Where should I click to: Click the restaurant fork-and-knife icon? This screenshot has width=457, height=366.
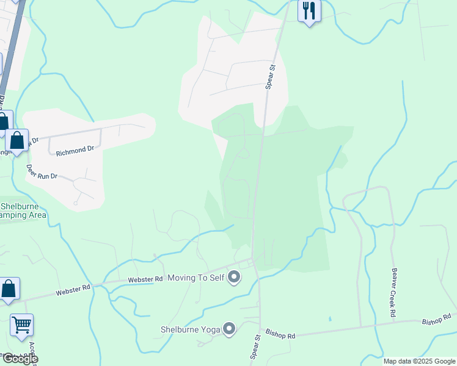pyautogui.click(x=309, y=10)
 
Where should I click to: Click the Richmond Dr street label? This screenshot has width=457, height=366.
pyautogui.click(x=75, y=148)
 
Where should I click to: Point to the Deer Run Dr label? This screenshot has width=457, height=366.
pyautogui.click(x=42, y=171)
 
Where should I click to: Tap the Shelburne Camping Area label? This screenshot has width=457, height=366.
pyautogui.click(x=23, y=210)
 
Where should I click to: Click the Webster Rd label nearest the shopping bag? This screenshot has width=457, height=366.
pyautogui.click(x=73, y=290)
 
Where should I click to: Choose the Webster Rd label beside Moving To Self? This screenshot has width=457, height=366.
pyautogui.click(x=145, y=279)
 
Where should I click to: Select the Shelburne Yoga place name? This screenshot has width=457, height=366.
pyautogui.click(x=190, y=329)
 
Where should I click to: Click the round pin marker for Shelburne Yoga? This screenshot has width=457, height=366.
pyautogui.click(x=229, y=329)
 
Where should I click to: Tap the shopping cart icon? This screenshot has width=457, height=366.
pyautogui.click(x=21, y=325)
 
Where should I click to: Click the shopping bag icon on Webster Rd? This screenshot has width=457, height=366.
pyautogui.click(x=9, y=289)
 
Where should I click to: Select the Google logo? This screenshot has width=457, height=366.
pyautogui.click(x=20, y=359)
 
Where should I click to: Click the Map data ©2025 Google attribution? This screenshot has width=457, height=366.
pyautogui.click(x=419, y=361)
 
